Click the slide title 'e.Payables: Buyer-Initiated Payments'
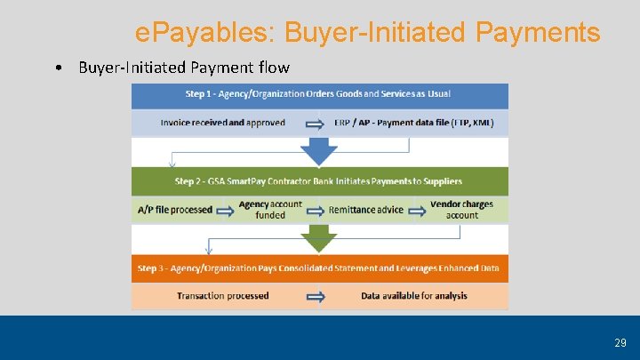(x=367, y=34)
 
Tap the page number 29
(x=620, y=342)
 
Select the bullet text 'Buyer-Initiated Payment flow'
(x=183, y=68)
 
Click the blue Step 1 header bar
(x=319, y=95)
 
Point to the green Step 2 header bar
(x=319, y=181)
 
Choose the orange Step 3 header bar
(x=319, y=268)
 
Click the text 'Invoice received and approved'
(x=222, y=123)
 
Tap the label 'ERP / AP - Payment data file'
(x=414, y=123)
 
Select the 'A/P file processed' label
(x=175, y=210)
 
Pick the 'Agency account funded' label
(x=270, y=210)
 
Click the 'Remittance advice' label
(x=366, y=210)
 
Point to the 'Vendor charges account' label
(x=461, y=210)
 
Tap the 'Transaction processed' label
(x=222, y=296)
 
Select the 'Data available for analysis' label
(x=414, y=296)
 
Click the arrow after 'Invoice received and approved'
(x=316, y=123)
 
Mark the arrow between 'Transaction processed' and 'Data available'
(x=316, y=296)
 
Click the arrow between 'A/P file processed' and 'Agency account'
(x=226, y=210)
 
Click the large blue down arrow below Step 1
(x=318, y=152)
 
